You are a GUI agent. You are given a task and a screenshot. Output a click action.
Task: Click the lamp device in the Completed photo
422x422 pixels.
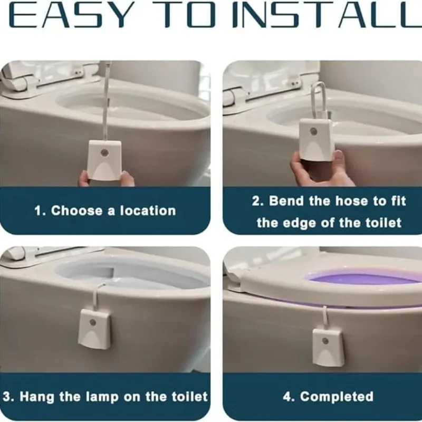pyautogui.click(x=327, y=347)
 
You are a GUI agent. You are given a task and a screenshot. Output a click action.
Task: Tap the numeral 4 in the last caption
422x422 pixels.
pyautogui.click(x=287, y=397)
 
